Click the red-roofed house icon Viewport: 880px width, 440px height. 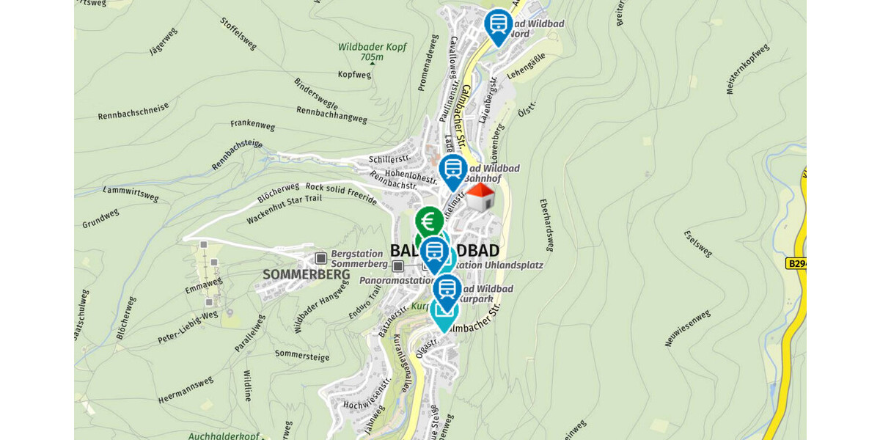point(480,197)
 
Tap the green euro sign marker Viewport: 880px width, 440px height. point(429,220)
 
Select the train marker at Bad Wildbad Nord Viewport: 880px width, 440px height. point(499,24)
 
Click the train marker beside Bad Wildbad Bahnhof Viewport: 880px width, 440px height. point(453,170)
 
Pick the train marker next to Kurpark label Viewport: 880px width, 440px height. point(447,289)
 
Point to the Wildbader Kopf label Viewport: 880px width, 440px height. point(372,47)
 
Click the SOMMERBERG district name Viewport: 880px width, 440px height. point(296,274)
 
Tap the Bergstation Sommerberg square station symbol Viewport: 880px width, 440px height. point(320,258)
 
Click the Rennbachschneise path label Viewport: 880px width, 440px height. point(133,111)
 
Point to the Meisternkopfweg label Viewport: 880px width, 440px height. point(747,69)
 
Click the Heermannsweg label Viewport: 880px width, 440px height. point(186,389)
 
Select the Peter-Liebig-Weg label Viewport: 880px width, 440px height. point(188,328)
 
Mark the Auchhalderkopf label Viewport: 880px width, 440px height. point(224,436)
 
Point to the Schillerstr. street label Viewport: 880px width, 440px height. point(389,159)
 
